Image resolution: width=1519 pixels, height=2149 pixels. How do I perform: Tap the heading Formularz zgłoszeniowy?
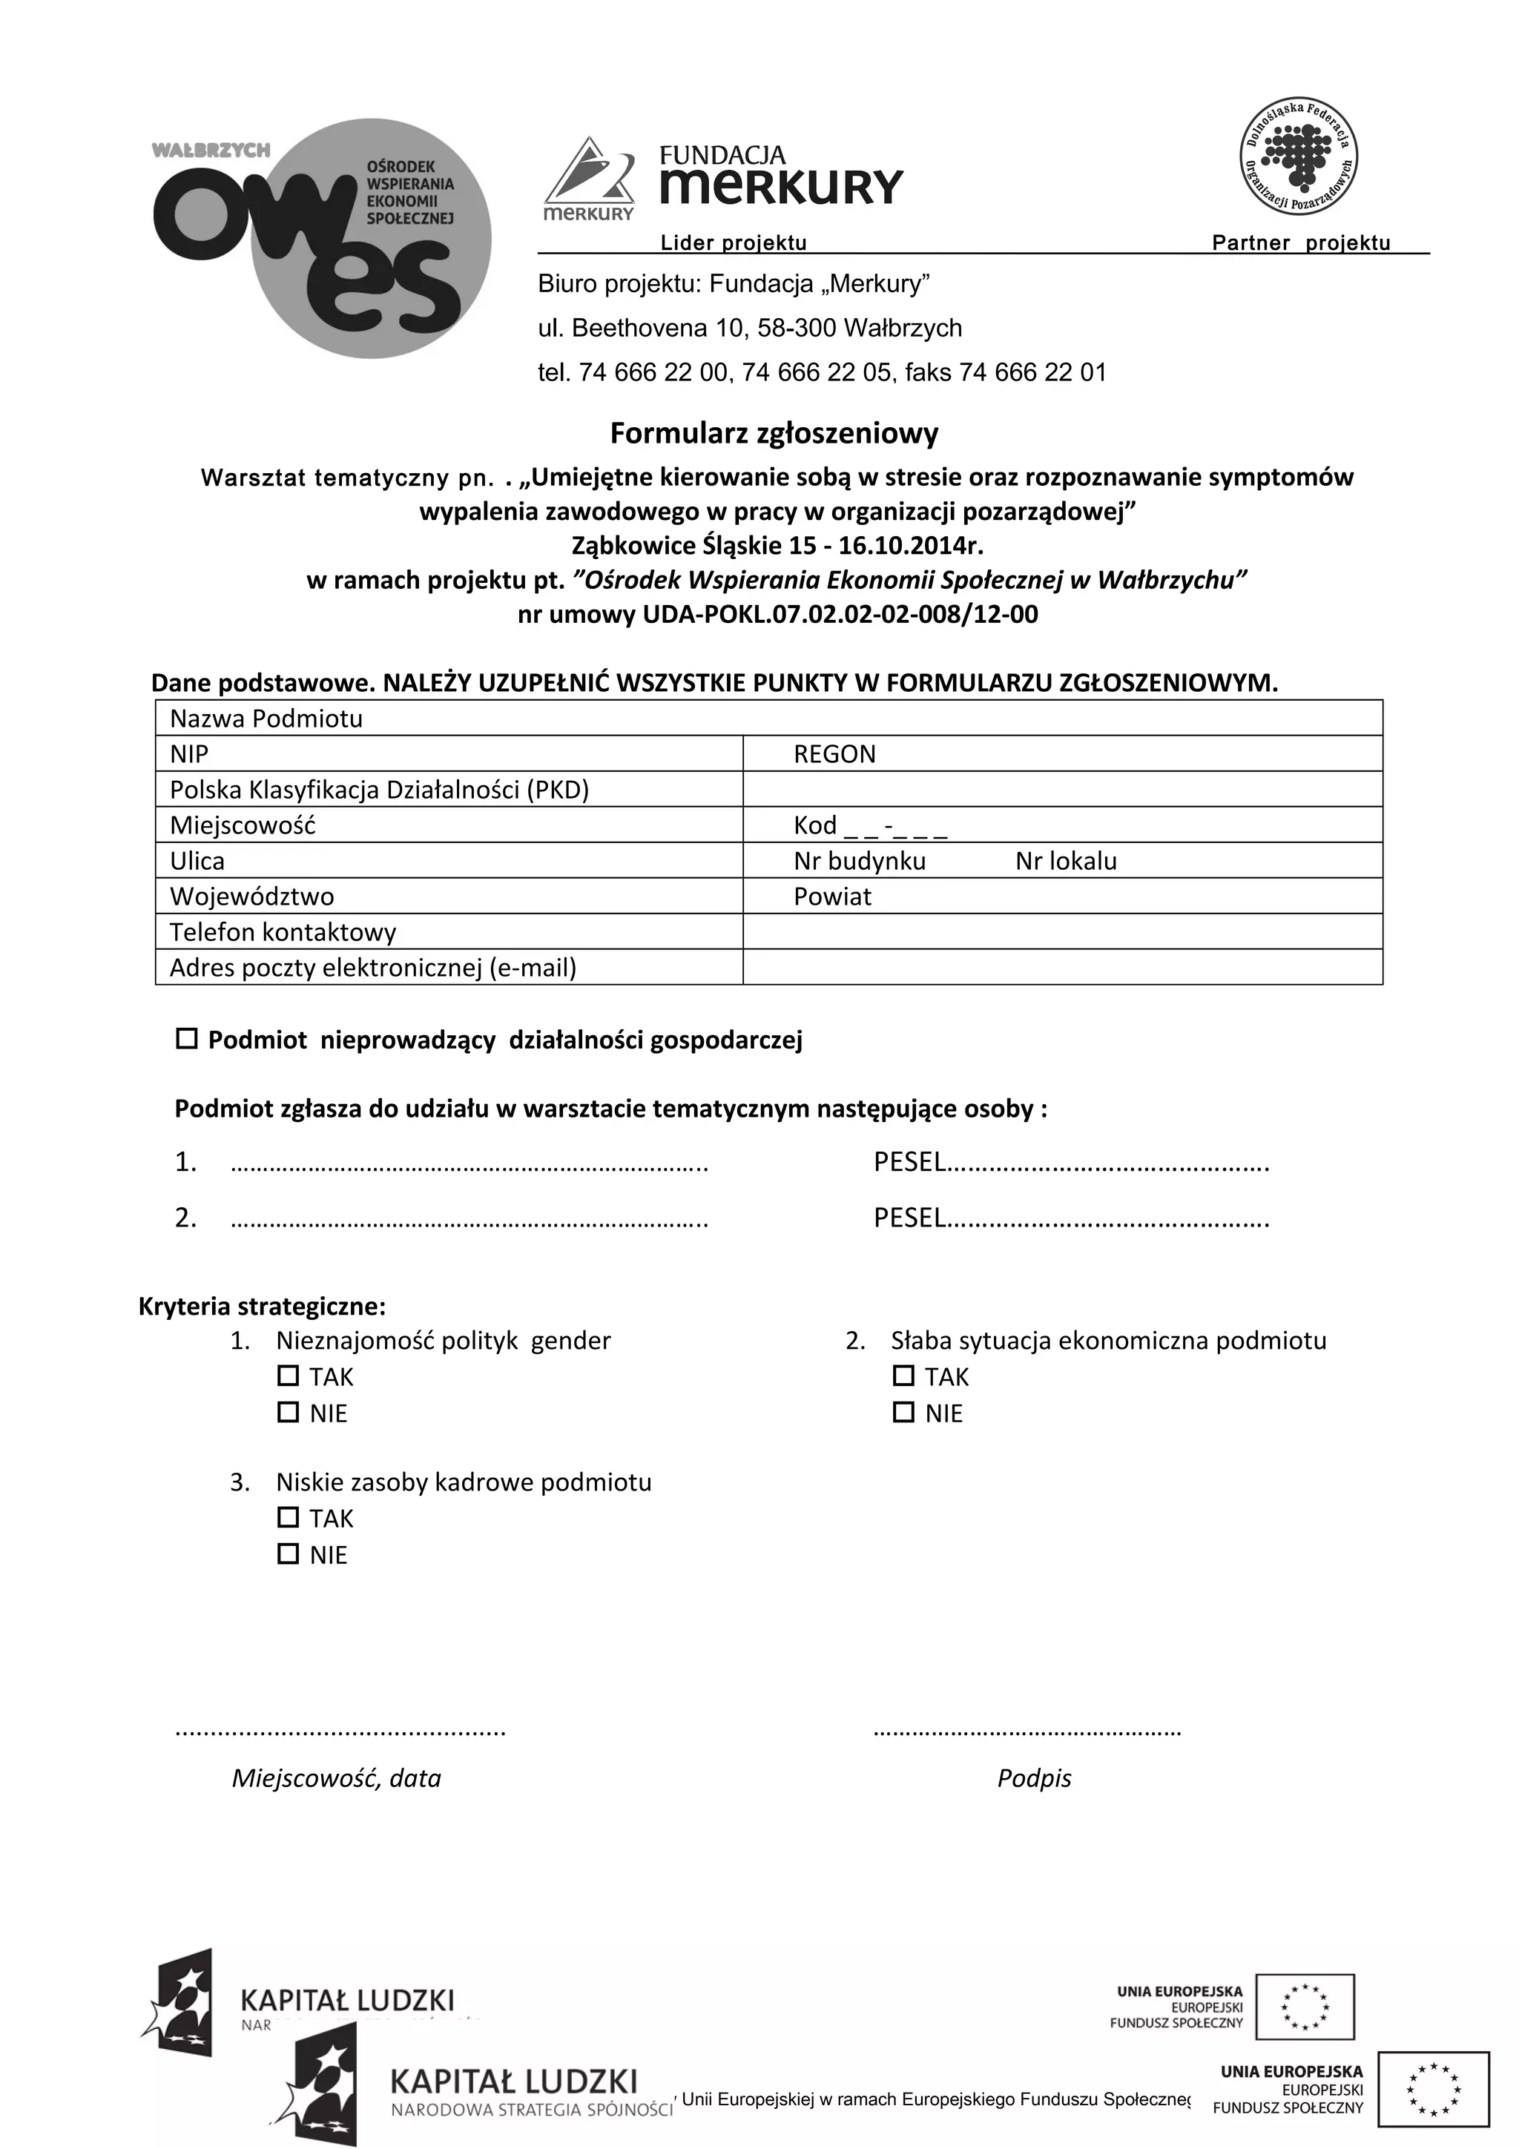coord(774,433)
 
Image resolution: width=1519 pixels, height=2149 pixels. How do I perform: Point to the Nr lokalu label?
coord(1066,861)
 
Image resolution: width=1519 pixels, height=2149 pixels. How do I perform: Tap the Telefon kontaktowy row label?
coord(283,932)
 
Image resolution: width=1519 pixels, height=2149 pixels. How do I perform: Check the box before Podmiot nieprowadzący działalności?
coord(187,1039)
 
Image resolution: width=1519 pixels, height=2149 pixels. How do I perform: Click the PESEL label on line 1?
coord(909,1163)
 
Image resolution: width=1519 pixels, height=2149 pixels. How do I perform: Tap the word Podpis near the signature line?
coord(1034,1778)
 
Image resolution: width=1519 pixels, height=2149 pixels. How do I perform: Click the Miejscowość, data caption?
coord(336,1778)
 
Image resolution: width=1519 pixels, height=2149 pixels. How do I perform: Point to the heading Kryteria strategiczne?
coord(262,1306)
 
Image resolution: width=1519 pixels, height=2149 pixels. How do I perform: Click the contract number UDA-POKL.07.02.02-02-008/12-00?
coord(840,615)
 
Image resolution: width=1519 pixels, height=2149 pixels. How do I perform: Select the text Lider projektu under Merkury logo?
coord(734,243)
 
